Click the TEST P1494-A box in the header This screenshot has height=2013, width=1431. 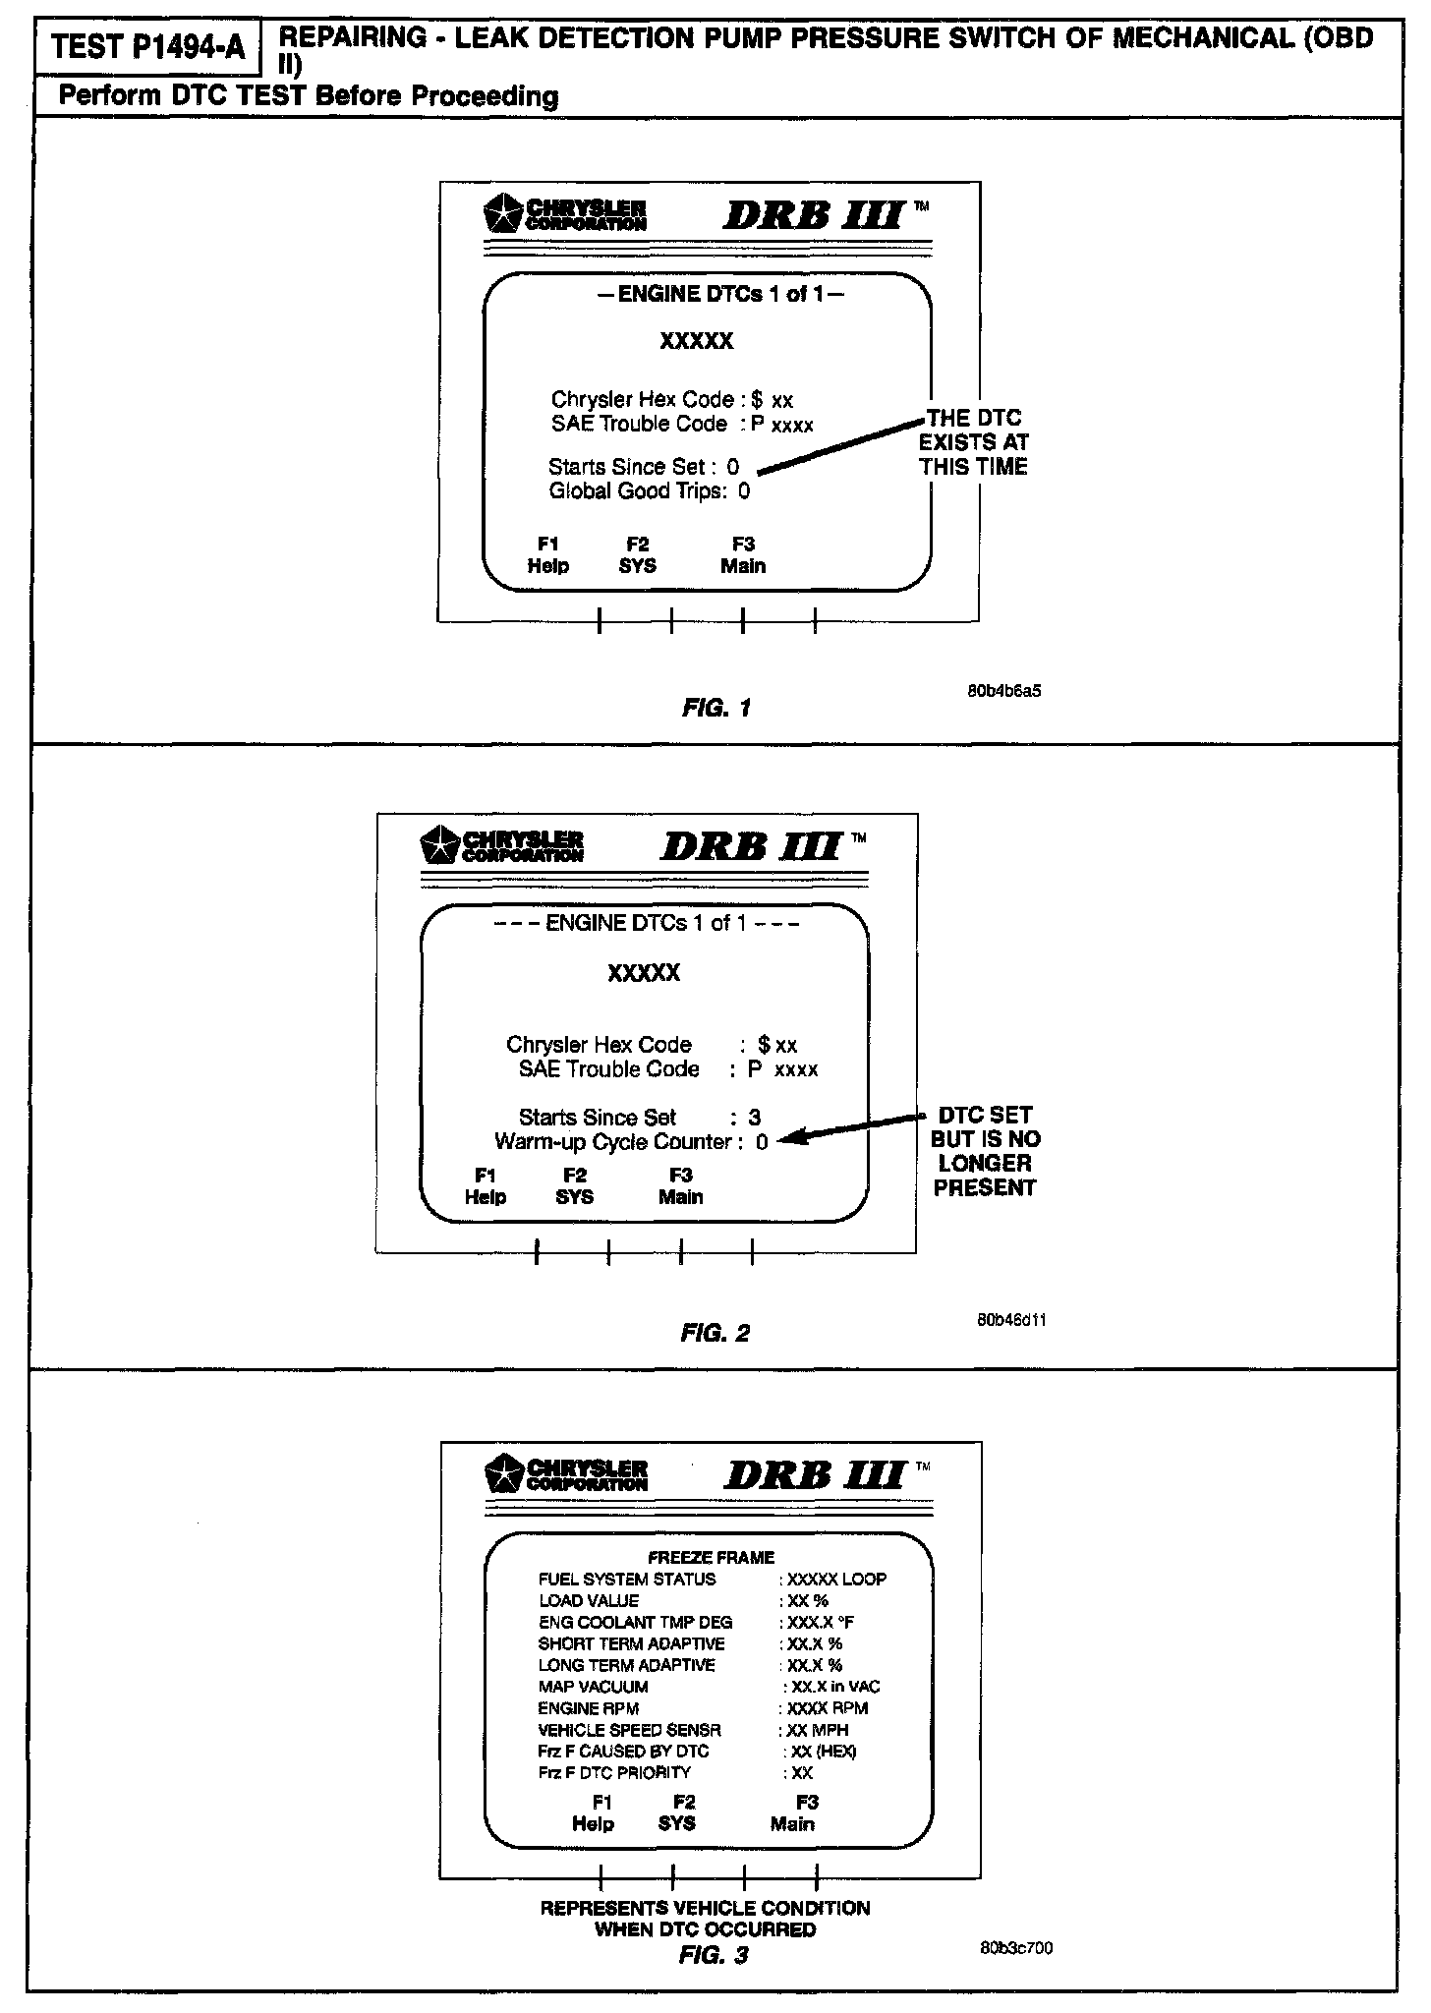(148, 46)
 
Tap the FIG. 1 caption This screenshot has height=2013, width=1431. (716, 708)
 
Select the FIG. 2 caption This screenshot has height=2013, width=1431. (715, 1333)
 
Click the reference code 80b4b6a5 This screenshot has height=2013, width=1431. (1004, 691)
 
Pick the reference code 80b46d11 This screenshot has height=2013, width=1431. (1010, 1320)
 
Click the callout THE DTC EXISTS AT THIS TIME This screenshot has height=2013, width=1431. (973, 442)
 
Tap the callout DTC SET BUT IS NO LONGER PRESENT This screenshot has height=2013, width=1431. (985, 1151)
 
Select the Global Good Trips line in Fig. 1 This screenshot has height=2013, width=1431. (649, 491)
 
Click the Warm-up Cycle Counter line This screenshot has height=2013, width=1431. (631, 1142)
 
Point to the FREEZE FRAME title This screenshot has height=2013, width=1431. (711, 1557)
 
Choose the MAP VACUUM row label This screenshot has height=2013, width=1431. (593, 1687)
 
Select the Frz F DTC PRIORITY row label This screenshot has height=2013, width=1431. (614, 1772)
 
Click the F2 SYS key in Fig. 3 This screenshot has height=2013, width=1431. (677, 1812)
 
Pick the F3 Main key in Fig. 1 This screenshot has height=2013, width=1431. (743, 555)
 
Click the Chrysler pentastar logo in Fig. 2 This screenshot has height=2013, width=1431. (439, 845)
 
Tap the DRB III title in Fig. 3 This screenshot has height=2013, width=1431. (815, 1474)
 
